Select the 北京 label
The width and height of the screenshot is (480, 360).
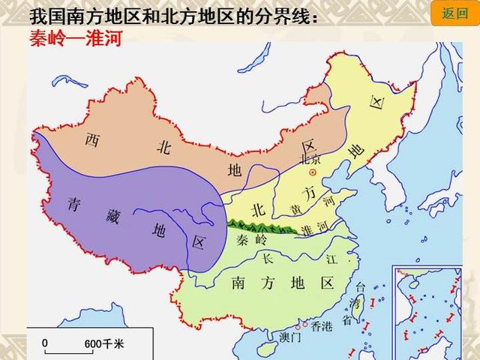[310, 159]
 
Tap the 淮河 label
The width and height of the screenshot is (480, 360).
[313, 227]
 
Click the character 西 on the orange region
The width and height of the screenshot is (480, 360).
[91, 139]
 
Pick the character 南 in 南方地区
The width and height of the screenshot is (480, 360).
[238, 283]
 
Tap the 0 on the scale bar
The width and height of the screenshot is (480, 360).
[45, 342]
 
